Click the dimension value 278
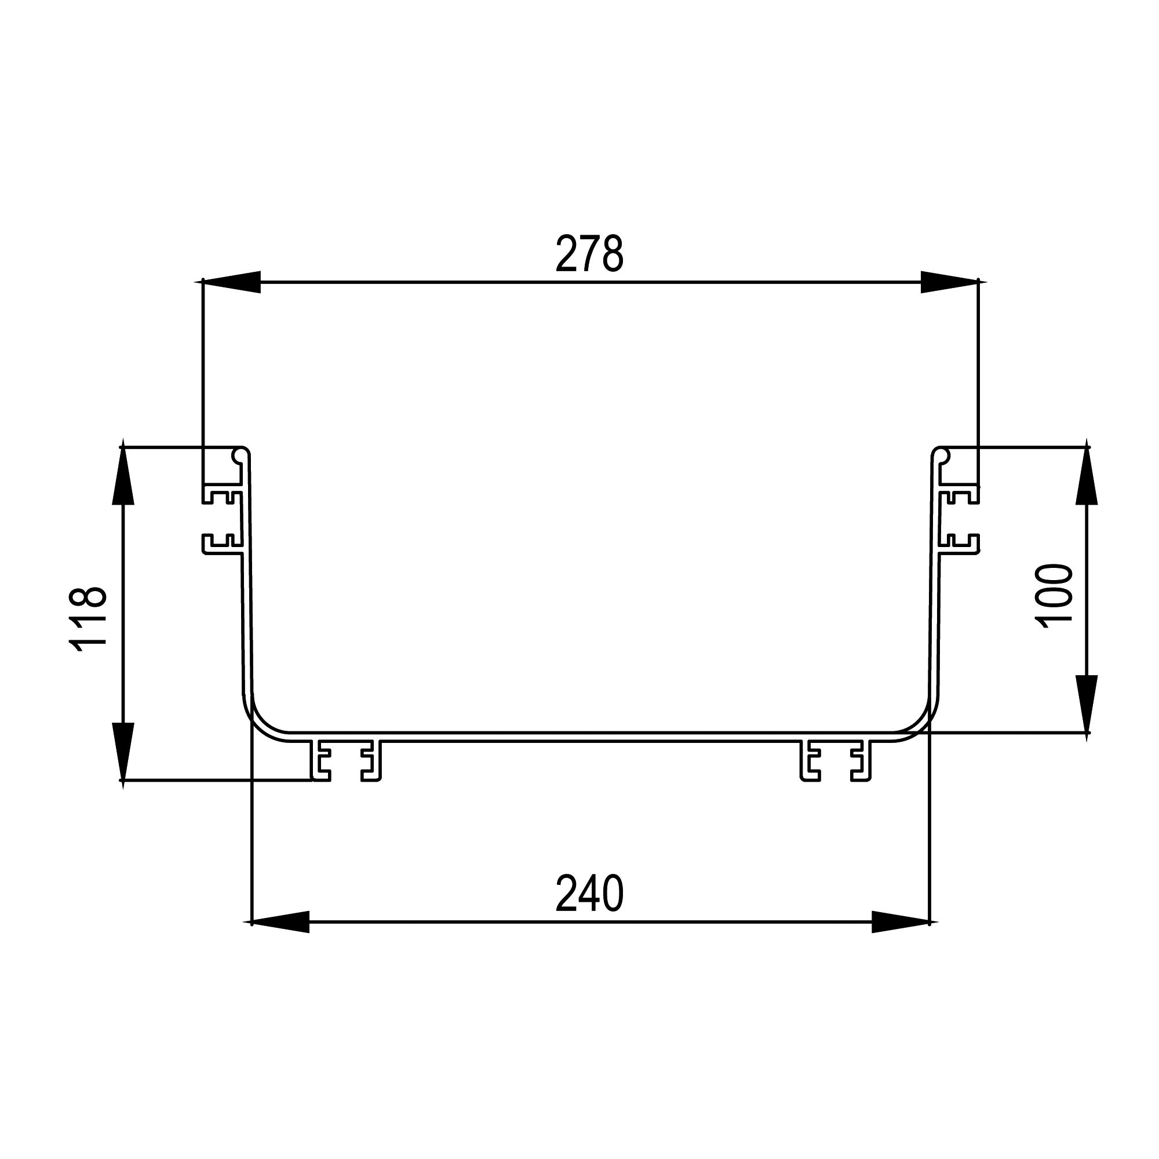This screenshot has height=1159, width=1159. (590, 253)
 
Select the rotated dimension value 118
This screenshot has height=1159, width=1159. (89, 618)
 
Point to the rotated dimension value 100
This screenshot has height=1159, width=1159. (1054, 596)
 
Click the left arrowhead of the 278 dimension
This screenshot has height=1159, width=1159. (232, 282)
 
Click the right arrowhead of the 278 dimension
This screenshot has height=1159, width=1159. (950, 282)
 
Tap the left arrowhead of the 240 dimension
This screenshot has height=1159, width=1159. (280, 921)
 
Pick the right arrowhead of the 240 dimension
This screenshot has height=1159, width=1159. (901, 921)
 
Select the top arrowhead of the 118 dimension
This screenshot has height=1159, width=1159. (123, 476)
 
